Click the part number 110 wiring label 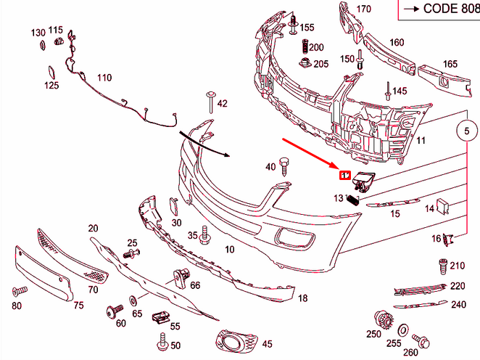click(104, 78)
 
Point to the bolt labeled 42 click(210, 102)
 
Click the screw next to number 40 click(284, 165)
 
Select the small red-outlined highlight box click(346, 175)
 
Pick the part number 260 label click(410, 353)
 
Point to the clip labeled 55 click(160, 317)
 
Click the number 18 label click(303, 298)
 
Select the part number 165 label click(450, 64)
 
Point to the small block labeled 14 click(443, 206)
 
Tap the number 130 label click(38, 33)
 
